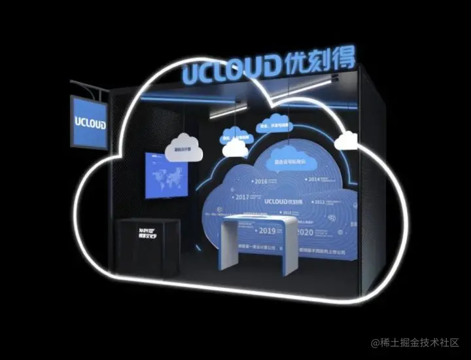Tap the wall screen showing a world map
point(166,175)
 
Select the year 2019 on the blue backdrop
point(268,230)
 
